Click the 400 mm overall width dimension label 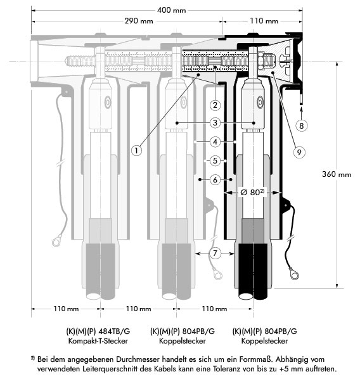click(x=171, y=10)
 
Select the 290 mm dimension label click(x=139, y=21)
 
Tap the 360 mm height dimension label click(x=337, y=174)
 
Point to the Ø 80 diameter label click(x=252, y=193)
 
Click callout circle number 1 click(x=136, y=151)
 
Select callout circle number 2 click(x=215, y=105)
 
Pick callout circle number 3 click(x=215, y=123)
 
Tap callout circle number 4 click(x=215, y=142)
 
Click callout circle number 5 click(x=215, y=161)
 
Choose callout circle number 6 click(x=215, y=179)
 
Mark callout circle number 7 click(x=215, y=254)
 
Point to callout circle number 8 click(x=301, y=125)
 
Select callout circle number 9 click(x=299, y=152)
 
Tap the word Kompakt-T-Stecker click(x=98, y=341)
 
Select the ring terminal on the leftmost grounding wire click(x=57, y=241)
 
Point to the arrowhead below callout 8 click(x=301, y=110)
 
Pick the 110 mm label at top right click(x=264, y=21)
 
